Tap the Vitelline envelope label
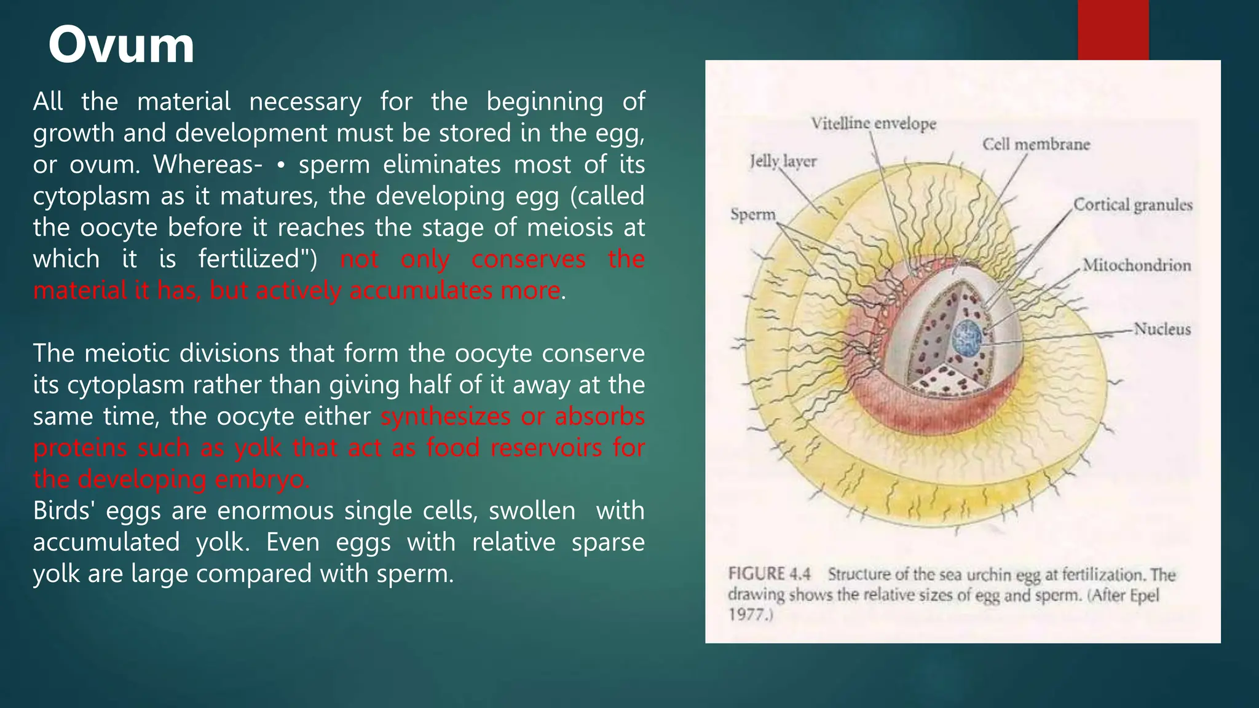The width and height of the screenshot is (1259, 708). (873, 124)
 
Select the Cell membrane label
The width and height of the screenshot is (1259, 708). (1036, 144)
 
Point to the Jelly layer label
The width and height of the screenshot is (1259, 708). (783, 162)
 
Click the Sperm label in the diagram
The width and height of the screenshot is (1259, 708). (753, 214)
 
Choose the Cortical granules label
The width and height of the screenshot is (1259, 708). (1132, 205)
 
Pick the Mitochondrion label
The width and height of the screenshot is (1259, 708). (1137, 265)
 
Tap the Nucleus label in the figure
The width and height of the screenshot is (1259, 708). (1162, 329)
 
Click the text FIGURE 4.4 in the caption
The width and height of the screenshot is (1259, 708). (769, 574)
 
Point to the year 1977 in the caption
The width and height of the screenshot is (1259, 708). (746, 614)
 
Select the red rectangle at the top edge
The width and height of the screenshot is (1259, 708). (1113, 29)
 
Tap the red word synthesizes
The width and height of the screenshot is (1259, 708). (445, 417)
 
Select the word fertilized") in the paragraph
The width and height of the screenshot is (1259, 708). (258, 259)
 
